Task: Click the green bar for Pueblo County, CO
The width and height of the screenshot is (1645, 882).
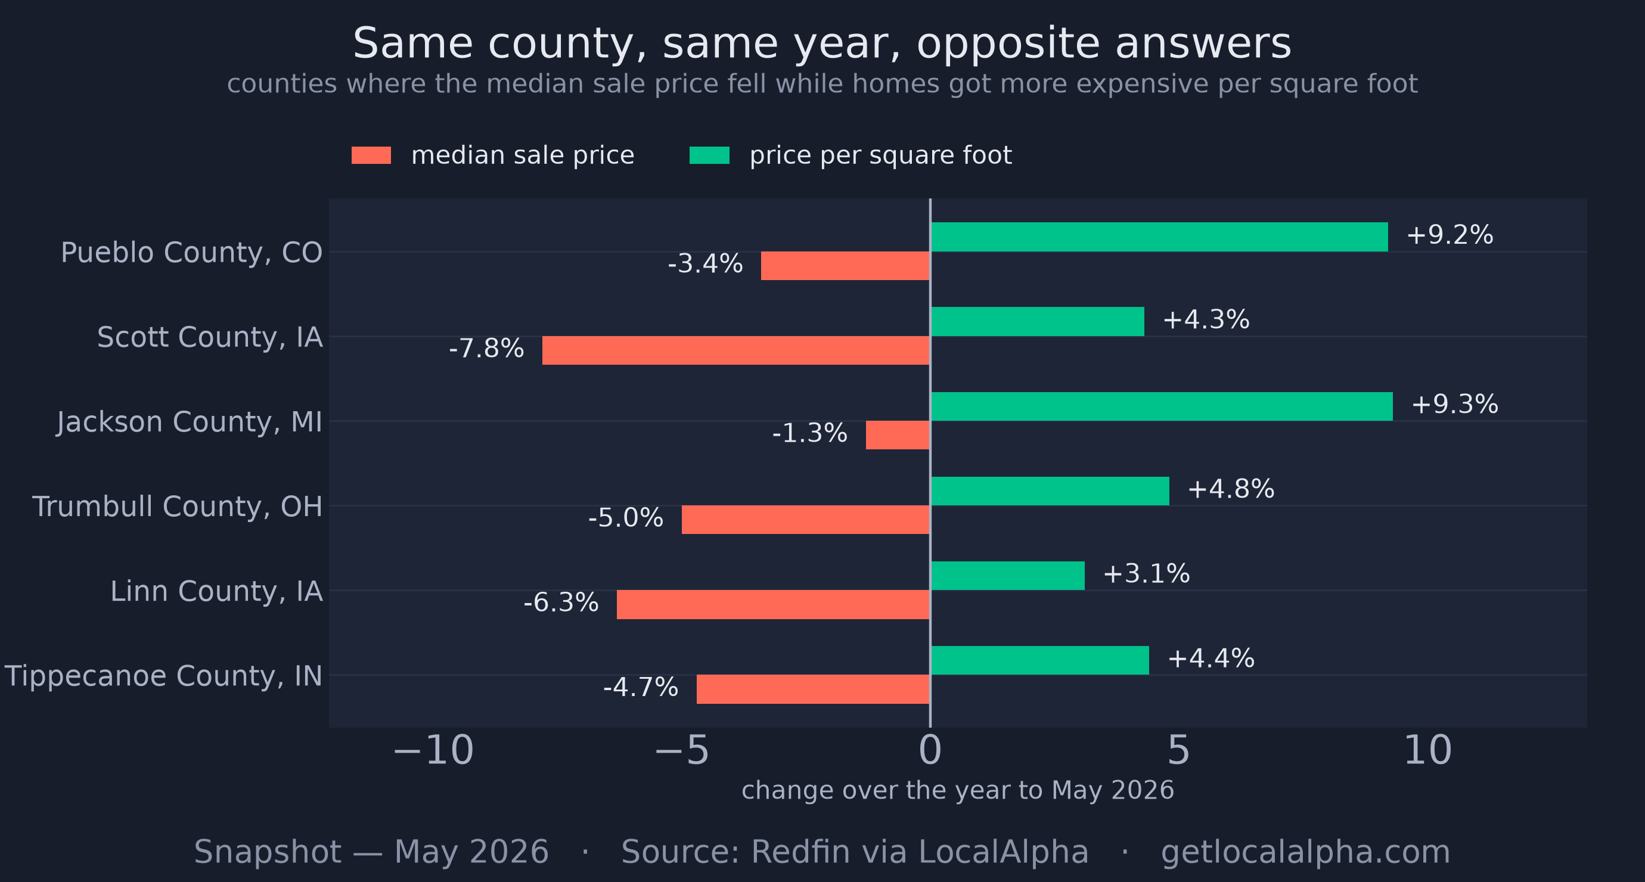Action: pos(1159,237)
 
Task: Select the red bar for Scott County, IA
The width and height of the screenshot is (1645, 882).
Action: pos(736,350)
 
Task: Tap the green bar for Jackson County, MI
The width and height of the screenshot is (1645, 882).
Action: pos(1162,406)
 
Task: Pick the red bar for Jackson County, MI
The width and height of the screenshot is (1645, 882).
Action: pos(898,435)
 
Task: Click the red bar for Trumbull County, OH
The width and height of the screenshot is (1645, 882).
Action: pos(806,520)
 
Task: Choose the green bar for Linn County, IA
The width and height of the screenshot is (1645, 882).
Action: pos(1008,576)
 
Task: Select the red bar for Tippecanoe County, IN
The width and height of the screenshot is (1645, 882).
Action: pos(814,689)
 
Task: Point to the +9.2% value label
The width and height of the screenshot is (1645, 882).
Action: pos(1450,235)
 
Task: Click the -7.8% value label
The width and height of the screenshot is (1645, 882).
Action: pos(486,349)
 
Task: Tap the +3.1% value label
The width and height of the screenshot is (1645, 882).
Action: pos(1146,573)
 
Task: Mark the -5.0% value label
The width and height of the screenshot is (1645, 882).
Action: pos(626,518)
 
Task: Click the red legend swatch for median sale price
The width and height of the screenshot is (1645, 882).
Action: pos(371,155)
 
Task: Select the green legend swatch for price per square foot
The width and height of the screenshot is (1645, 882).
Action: pos(709,155)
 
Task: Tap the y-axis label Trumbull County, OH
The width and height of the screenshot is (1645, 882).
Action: pos(178,507)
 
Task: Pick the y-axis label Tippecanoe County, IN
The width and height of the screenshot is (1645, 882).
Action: pos(163,676)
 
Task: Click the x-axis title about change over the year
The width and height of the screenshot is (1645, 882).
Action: pos(958,791)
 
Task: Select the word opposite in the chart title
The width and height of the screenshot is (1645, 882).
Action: pos(1008,45)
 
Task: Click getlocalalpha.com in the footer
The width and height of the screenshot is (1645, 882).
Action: pos(1305,852)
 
